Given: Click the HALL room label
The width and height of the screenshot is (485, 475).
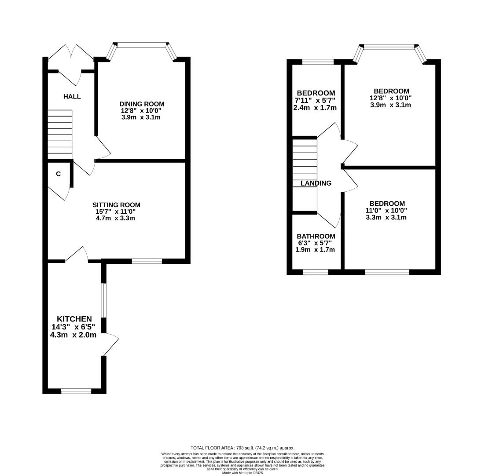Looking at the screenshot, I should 72,96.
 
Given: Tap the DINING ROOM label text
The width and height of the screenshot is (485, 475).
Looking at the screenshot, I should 142,104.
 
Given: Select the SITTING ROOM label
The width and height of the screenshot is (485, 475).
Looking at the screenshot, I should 116,205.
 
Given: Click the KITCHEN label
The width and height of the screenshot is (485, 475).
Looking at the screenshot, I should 74,319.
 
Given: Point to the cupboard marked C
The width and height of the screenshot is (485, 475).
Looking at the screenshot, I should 58,174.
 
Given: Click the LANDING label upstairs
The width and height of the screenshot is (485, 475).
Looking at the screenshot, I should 316,183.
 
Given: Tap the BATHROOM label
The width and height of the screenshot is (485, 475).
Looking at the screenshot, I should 316,236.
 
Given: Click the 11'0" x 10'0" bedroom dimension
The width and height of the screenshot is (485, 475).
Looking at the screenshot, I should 386,210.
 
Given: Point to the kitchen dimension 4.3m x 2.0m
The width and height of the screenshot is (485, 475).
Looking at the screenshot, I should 73,335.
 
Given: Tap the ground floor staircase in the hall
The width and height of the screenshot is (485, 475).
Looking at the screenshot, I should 59,132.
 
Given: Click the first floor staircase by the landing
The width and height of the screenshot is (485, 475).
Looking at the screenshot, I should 305,175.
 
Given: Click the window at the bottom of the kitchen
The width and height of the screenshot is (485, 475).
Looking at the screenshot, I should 76,391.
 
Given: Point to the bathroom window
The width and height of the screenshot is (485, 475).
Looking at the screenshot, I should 316,272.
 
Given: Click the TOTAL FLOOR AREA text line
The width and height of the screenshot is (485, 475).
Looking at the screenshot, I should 242,448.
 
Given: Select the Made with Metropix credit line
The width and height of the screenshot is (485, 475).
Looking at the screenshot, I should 242,473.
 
